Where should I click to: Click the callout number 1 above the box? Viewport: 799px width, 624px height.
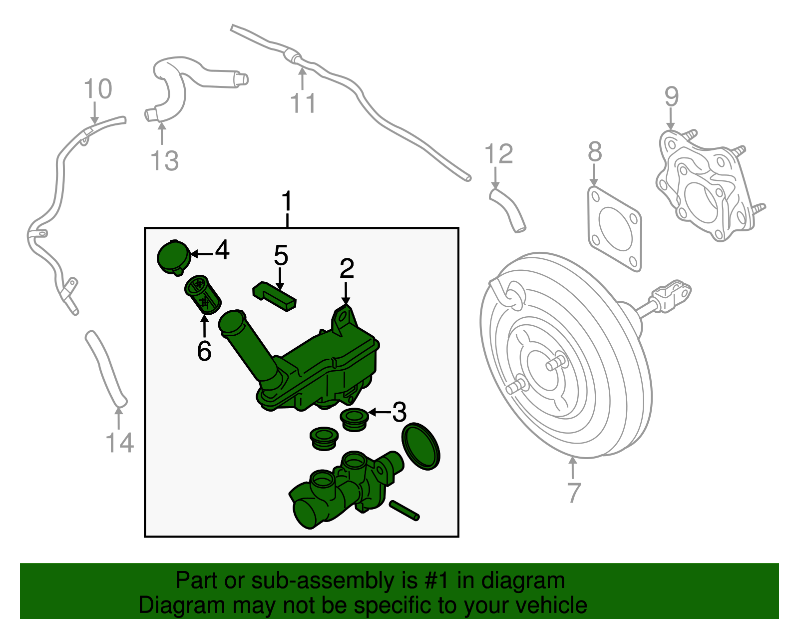(x=287, y=201)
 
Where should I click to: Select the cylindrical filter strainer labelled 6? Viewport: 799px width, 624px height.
(x=203, y=295)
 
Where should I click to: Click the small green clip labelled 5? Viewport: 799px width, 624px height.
(x=274, y=296)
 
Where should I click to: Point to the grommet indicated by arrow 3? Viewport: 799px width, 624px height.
(x=355, y=420)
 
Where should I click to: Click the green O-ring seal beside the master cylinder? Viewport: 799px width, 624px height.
(x=421, y=446)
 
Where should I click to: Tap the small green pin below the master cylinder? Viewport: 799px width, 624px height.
(x=404, y=511)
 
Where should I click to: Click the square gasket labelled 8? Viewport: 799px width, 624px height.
(x=615, y=229)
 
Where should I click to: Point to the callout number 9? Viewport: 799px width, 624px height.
(x=672, y=96)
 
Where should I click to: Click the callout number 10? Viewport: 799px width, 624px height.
(x=98, y=88)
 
